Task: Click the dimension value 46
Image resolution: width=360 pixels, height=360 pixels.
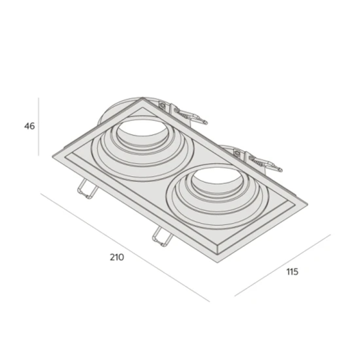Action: coord(29,126)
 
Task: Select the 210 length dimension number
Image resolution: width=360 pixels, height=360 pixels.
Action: coord(116,257)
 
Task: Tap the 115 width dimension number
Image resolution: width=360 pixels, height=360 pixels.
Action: coord(292,272)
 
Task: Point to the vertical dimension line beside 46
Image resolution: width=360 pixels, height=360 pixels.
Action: coord(39,127)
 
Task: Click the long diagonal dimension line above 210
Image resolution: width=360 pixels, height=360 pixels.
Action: coord(123,247)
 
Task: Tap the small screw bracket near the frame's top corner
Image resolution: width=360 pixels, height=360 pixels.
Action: coord(162,106)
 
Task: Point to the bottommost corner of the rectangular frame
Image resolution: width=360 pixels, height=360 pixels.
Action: coord(219,257)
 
